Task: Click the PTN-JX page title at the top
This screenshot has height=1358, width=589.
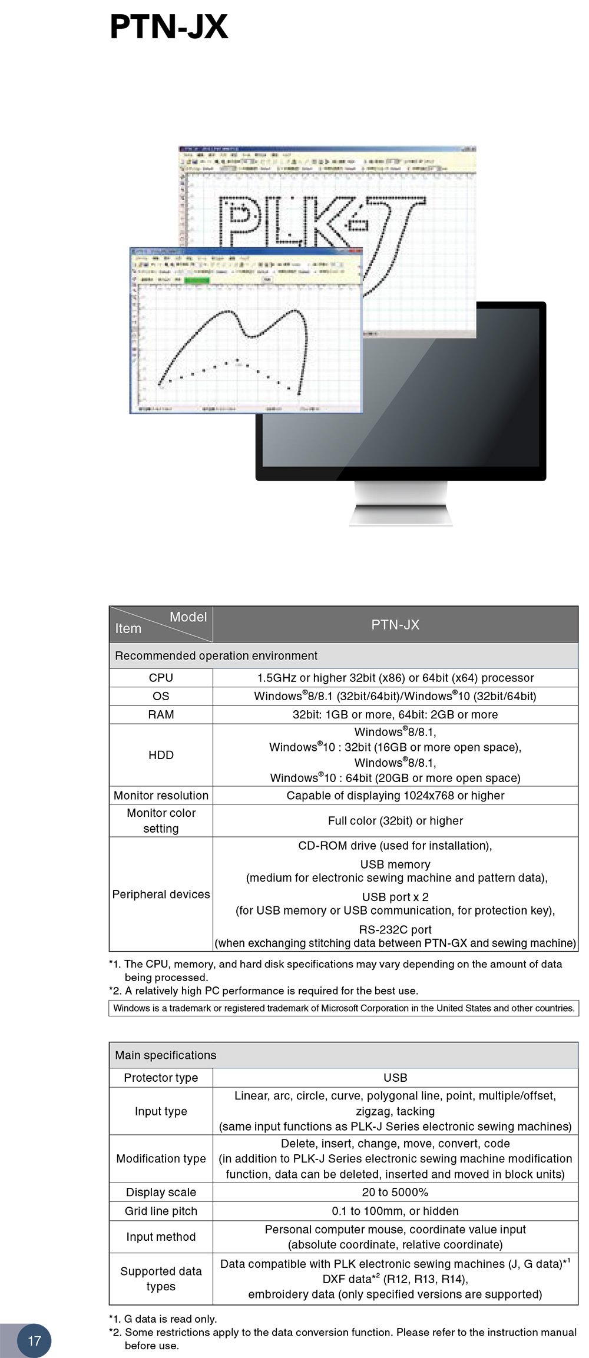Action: (168, 27)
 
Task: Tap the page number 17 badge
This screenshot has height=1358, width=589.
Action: (34, 1340)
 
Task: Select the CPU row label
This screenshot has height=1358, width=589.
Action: (161, 678)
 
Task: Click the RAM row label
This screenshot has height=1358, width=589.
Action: (161, 714)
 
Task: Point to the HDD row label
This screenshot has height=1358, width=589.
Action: (161, 755)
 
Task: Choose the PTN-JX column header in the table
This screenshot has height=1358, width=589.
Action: (395, 625)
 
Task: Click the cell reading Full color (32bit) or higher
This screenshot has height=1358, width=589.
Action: (395, 820)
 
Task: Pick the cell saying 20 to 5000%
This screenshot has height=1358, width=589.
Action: (395, 1192)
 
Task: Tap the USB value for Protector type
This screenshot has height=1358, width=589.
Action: (395, 1078)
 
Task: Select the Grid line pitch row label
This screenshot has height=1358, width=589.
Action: (161, 1211)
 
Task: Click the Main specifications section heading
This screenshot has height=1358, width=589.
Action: (166, 1055)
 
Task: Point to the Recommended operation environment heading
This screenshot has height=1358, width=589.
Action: (216, 655)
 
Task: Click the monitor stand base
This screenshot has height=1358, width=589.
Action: (401, 515)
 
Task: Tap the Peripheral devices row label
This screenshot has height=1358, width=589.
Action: (161, 894)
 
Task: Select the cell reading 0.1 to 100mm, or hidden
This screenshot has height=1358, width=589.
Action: (395, 1211)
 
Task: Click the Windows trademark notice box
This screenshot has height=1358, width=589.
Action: (343, 1008)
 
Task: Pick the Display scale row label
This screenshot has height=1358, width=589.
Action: (161, 1192)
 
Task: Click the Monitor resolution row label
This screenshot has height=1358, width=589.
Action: (161, 795)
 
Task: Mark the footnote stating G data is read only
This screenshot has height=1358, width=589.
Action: (163, 1319)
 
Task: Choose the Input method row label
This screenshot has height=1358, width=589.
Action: (161, 1237)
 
